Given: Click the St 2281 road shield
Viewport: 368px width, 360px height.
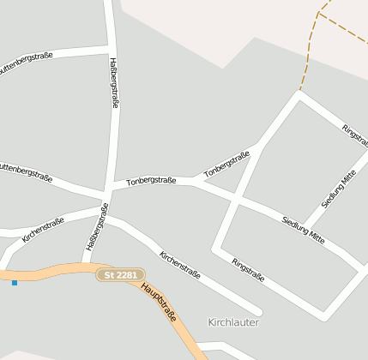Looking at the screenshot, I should (120, 275).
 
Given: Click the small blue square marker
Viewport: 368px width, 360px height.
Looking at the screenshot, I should (15, 282).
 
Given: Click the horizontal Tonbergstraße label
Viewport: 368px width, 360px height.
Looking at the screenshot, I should (151, 181).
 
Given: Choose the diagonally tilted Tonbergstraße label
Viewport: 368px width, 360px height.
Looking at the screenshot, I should (226, 165).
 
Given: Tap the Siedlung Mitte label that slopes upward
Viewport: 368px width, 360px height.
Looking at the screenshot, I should (338, 189).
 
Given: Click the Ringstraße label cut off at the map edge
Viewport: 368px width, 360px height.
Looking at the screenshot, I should (354, 135).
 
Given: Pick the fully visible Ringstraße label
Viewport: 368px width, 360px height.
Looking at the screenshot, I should (248, 270).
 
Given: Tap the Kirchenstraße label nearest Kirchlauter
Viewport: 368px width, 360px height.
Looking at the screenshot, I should (179, 265).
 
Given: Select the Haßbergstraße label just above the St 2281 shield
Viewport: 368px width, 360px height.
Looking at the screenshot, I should (96, 226).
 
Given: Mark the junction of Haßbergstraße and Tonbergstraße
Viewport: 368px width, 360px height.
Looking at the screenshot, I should (110, 186).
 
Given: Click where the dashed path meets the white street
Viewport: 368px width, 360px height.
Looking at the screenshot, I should (299, 92).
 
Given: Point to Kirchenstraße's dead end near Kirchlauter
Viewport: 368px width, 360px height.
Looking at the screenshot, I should (257, 312).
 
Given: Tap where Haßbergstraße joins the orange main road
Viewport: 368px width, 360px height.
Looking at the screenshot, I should (87, 264).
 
